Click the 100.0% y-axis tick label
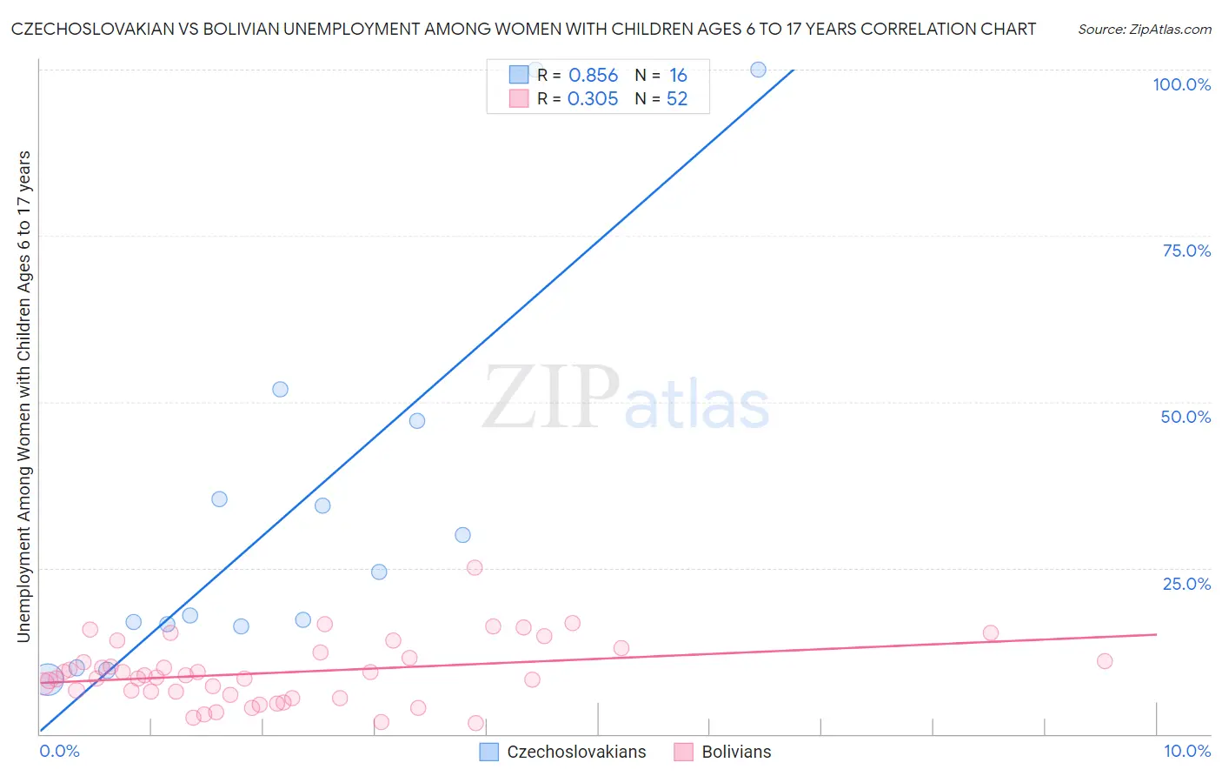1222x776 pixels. [1181, 84]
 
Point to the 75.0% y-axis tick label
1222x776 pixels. [1186, 251]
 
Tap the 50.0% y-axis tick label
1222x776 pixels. [1185, 417]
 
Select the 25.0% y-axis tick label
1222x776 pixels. [1186, 583]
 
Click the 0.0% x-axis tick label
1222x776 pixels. [59, 751]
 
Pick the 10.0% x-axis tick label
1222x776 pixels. [1186, 751]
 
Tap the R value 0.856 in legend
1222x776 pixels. [593, 76]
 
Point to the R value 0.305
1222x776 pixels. [593, 99]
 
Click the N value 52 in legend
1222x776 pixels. [677, 99]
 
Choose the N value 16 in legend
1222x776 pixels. [678, 76]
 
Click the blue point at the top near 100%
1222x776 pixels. [758, 70]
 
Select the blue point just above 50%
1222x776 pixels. [280, 389]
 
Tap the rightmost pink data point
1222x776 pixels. [1105, 661]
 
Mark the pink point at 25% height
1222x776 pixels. [475, 567]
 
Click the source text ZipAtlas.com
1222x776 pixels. [1144, 30]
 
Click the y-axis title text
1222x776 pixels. [23, 396]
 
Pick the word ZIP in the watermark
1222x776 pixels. [550, 398]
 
